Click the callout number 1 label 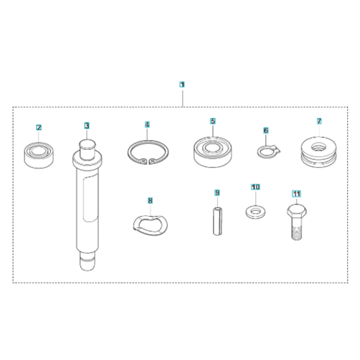[x=182, y=84]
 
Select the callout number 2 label [x=39, y=127]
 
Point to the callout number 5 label [x=213, y=120]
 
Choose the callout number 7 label [x=318, y=121]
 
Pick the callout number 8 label [x=150, y=201]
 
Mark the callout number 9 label [x=217, y=192]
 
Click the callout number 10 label [x=255, y=186]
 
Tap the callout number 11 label [x=296, y=193]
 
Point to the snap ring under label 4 [x=148, y=156]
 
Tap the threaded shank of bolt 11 [x=296, y=230]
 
